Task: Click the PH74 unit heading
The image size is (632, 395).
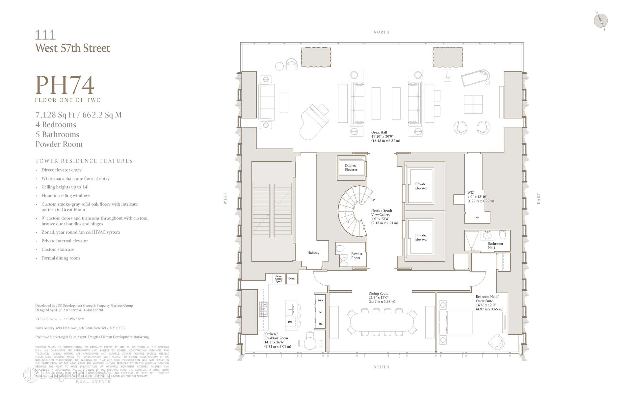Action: pyautogui.click(x=65, y=85)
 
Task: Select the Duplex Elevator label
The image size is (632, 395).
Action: pyautogui.click(x=351, y=168)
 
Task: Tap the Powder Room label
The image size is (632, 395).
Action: pyautogui.click(x=356, y=256)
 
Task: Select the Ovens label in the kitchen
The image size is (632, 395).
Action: pyautogui.click(x=292, y=278)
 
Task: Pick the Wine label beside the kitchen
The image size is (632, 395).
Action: pyautogui.click(x=320, y=300)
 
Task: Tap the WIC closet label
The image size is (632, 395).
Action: pyautogui.click(x=470, y=193)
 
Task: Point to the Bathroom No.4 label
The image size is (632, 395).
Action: pyautogui.click(x=495, y=246)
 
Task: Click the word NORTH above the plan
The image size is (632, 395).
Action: pyautogui.click(x=382, y=32)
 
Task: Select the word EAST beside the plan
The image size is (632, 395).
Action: pyautogui.click(x=539, y=198)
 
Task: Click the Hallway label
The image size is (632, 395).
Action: pyautogui.click(x=313, y=253)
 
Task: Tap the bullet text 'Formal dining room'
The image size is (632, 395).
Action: pyautogui.click(x=61, y=258)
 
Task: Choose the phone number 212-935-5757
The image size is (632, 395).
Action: pyautogui.click(x=46, y=319)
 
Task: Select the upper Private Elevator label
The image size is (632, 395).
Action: pyautogui.click(x=421, y=186)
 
